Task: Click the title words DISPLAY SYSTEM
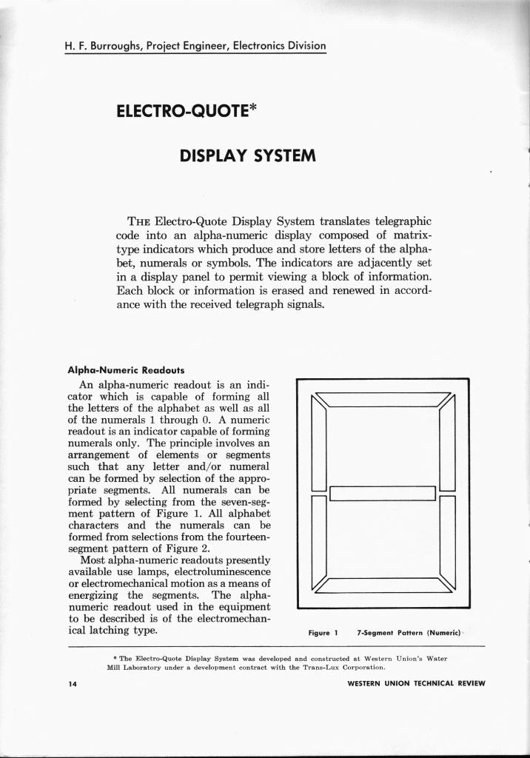248,156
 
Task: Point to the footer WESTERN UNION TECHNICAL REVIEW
416,683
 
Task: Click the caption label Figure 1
323,633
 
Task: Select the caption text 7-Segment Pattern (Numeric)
409,633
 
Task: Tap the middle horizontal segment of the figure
382,493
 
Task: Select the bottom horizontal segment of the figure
383,585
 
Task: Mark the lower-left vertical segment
319,538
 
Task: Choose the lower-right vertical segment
447,538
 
